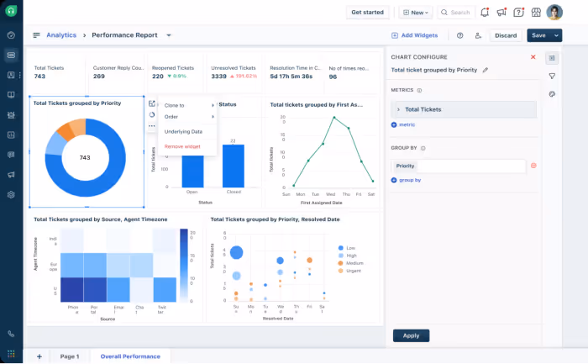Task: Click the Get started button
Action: [367, 13]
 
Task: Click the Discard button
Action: [506, 35]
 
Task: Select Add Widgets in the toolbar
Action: [415, 35]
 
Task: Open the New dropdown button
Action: [415, 13]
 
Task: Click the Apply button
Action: [411, 335]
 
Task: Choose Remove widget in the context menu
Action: [182, 146]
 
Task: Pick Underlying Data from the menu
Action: [183, 132]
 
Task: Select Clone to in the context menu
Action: [176, 105]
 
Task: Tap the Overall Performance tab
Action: [130, 356]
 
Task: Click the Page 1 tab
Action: [70, 356]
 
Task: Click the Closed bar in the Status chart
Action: [233, 166]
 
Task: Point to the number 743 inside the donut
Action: [85, 157]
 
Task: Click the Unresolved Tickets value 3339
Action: [218, 76]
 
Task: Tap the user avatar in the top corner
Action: [554, 13]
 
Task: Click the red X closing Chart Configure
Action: [533, 57]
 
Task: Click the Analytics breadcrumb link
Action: [61, 35]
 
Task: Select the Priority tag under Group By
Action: [405, 166]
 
